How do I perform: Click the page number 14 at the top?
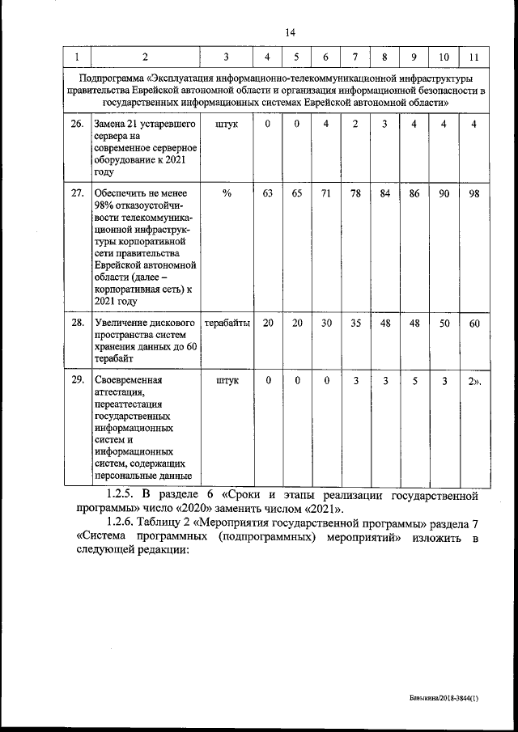click(x=291, y=32)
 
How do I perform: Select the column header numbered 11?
click(x=473, y=57)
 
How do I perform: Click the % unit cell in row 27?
click(x=227, y=194)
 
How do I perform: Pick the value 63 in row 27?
click(x=268, y=194)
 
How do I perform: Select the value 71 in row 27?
click(x=325, y=194)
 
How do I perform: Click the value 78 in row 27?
click(x=355, y=194)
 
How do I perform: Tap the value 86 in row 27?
click(x=414, y=194)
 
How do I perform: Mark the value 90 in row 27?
click(x=444, y=194)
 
